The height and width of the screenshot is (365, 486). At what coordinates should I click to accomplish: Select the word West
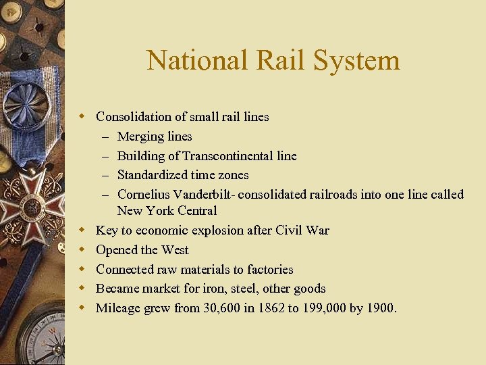click(x=175, y=250)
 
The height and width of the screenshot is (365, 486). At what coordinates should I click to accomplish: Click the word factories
click(x=269, y=269)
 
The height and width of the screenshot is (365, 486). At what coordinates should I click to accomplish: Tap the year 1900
click(x=382, y=308)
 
